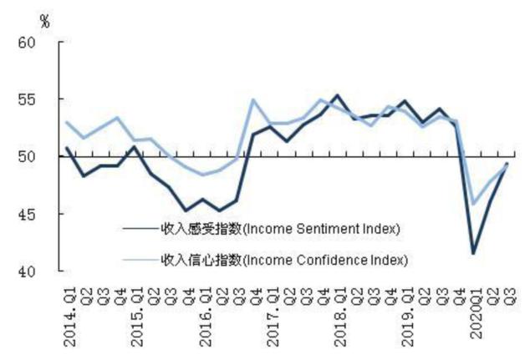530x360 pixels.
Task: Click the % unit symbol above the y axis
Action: point(44,21)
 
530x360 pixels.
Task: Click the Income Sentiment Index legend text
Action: point(281,228)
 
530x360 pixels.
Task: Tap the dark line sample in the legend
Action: point(139,228)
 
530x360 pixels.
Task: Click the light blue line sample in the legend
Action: point(139,260)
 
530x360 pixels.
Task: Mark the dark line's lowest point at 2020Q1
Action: point(474,253)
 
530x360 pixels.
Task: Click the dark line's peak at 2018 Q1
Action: point(337,95)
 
